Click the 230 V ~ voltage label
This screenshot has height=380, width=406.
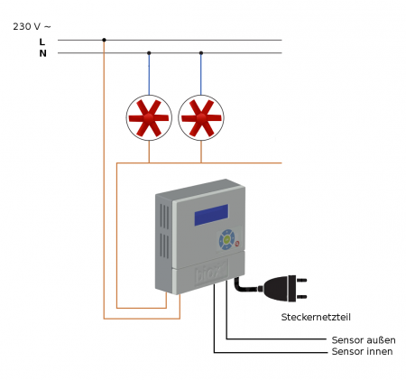32,26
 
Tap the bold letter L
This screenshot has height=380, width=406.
42,42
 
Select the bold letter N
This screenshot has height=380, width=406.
42,53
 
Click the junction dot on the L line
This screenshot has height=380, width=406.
104,40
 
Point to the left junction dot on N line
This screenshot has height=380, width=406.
149,53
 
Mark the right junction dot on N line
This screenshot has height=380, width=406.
201,53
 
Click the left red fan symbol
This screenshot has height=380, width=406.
149,117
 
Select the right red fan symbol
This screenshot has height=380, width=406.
201,117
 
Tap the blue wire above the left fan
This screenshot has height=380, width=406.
149,75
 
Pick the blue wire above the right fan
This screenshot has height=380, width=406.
201,75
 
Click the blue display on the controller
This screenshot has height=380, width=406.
211,215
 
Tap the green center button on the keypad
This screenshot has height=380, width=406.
227,239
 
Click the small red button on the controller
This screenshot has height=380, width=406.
237,244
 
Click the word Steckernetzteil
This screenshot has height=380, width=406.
316,317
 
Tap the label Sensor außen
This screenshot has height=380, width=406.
364,340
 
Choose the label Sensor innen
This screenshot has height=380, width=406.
362,351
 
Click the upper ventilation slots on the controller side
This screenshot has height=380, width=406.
164,217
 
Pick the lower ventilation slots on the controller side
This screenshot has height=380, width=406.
164,246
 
